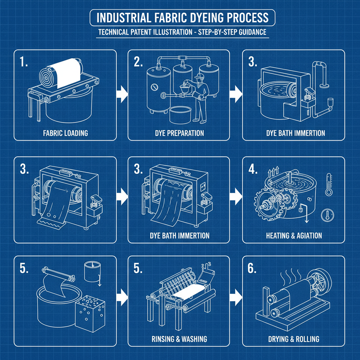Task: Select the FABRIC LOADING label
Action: (65, 133)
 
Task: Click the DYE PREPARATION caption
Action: (179, 133)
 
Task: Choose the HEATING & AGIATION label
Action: (294, 236)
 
